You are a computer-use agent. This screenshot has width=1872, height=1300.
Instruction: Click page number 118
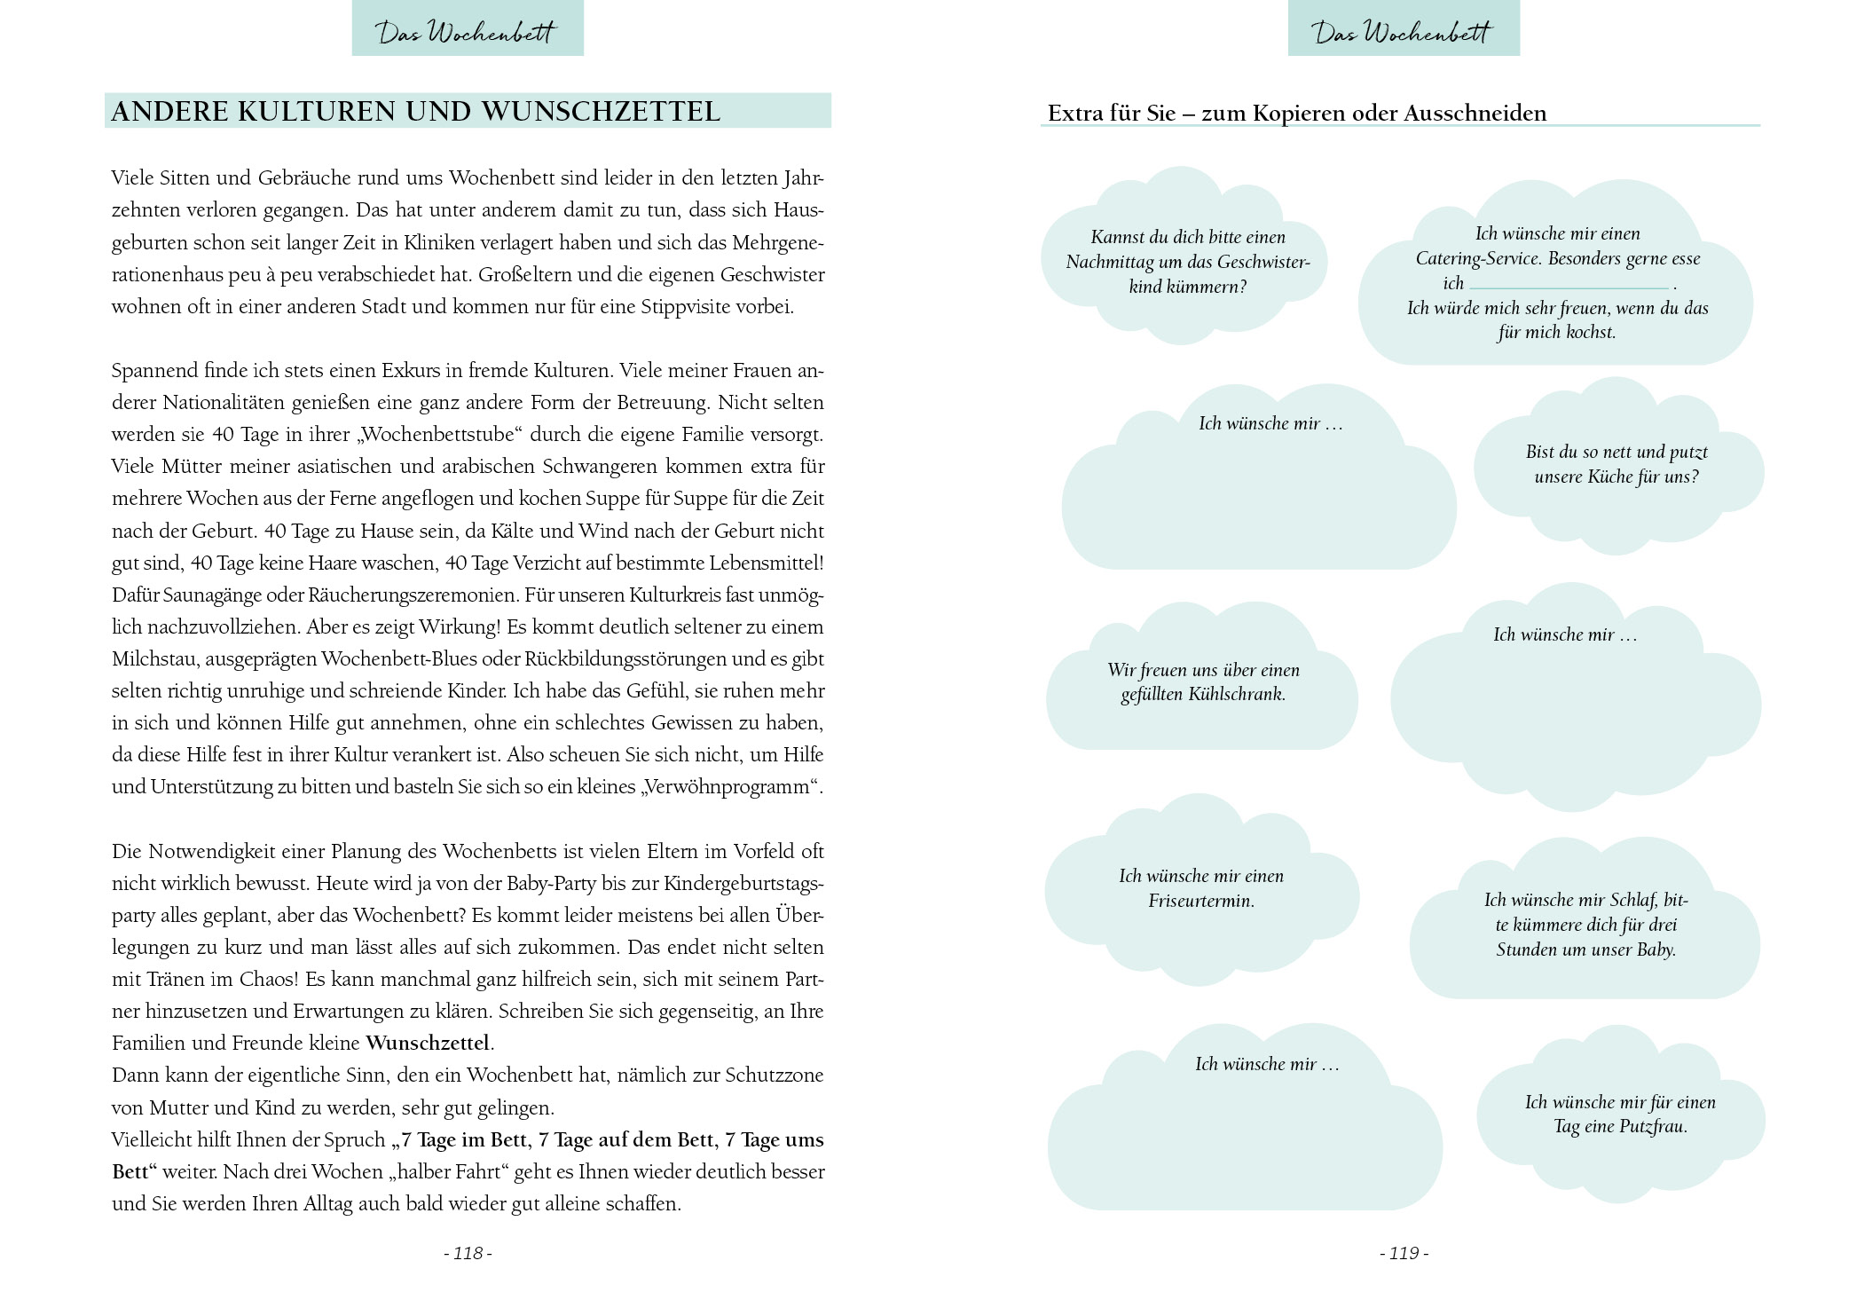tap(468, 1253)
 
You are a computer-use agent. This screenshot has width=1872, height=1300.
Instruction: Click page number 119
tap(1404, 1253)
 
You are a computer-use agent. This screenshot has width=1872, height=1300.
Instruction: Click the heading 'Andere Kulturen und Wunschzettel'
tap(415, 112)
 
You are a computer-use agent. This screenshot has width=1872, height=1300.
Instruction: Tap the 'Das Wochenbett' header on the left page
tap(468, 32)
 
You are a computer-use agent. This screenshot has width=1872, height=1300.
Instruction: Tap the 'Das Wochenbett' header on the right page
tap(1404, 32)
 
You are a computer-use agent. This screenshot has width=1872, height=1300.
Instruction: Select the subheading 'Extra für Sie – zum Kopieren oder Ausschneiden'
tap(1296, 114)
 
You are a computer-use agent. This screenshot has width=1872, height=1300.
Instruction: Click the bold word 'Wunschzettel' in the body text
tap(427, 1044)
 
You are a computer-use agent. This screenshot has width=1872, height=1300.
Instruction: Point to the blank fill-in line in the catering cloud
tap(1569, 287)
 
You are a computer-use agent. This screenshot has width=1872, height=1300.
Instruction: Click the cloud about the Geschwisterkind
tap(1186, 262)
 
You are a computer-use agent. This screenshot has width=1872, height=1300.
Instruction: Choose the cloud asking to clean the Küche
tap(1616, 464)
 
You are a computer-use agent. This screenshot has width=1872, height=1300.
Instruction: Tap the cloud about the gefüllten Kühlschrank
tap(1202, 682)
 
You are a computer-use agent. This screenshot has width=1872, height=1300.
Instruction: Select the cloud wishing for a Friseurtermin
tap(1200, 888)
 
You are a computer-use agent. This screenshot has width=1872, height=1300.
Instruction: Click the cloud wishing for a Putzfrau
tap(1620, 1115)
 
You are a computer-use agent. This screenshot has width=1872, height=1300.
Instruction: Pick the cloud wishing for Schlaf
tap(1585, 925)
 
